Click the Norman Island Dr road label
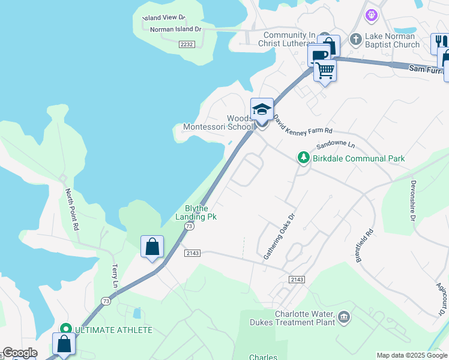[x=175, y=29]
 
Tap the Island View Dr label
[x=164, y=19]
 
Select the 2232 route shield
[x=187, y=44]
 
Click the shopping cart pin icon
[x=325, y=71]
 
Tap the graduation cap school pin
[x=262, y=109]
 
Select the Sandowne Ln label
[x=336, y=145]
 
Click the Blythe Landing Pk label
[x=196, y=212]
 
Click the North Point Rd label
[x=72, y=209]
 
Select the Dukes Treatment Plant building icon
[x=343, y=317]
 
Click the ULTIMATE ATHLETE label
[x=113, y=330]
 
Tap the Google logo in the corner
[x=19, y=353]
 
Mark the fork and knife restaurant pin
[x=440, y=43]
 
